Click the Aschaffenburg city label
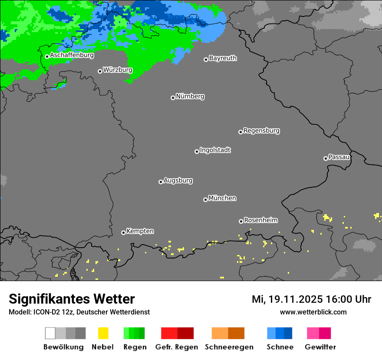coord(72,56)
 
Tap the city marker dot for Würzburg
coord(100,71)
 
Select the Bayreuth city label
coord(223,58)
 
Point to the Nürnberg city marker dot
coord(173,98)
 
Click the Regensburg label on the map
coord(261,131)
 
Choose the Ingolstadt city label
coord(215,150)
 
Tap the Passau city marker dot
coord(326,158)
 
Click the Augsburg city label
coord(178,180)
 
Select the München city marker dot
coord(205,200)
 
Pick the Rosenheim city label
coord(260,220)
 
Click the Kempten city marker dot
coord(123,232)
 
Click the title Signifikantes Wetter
coord(72,299)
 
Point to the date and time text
coord(311,299)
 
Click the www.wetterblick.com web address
coord(313,312)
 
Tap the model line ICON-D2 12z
coord(79,312)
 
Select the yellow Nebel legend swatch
coord(103,333)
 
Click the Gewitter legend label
coord(320,347)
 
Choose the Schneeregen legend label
coord(229,347)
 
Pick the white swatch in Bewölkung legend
coord(50,333)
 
